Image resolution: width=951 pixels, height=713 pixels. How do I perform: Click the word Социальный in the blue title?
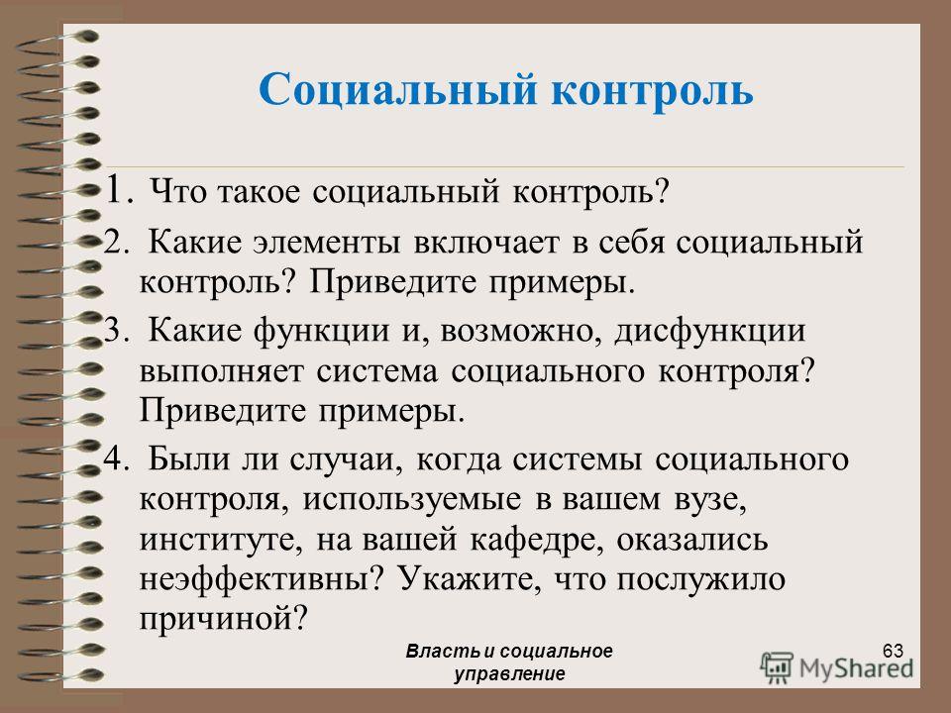[398, 91]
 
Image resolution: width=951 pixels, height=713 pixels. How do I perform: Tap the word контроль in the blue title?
[653, 91]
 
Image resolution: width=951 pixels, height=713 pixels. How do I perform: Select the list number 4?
[116, 458]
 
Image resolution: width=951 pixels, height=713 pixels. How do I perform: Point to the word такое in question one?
[259, 192]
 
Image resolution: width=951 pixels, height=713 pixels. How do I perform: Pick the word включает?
[486, 243]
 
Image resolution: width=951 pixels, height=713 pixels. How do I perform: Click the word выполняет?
[221, 371]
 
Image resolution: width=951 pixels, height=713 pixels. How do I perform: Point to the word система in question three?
[376, 371]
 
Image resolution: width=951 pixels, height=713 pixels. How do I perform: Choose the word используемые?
[412, 500]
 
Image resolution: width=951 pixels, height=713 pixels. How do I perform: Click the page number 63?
[893, 651]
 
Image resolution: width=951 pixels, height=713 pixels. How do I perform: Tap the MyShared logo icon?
[777, 668]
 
